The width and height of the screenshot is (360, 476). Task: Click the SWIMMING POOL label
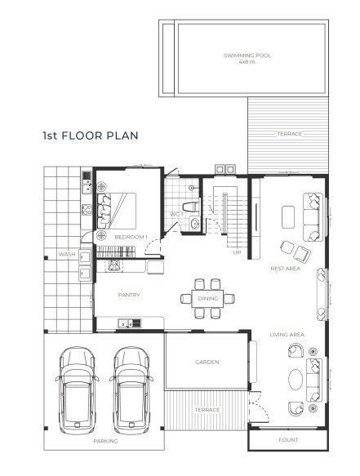point(247,56)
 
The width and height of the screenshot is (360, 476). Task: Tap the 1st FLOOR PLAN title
point(91,136)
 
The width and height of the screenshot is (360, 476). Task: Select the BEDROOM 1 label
point(131,237)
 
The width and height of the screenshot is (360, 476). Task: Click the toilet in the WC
point(191,207)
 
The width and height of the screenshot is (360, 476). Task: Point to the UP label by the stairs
point(237,252)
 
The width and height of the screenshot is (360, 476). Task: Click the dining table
point(207,299)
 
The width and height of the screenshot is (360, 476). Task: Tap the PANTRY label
point(129,295)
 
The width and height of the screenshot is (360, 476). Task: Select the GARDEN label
point(207,363)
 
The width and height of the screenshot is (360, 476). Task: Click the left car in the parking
point(77,391)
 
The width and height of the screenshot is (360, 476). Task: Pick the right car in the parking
point(131,391)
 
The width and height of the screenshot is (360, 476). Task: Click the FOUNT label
point(288,440)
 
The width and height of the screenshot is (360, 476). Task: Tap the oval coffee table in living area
point(296,379)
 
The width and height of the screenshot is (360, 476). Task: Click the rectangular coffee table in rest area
point(288,217)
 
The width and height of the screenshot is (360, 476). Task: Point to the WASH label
point(67,255)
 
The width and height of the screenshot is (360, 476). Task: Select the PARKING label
point(105,441)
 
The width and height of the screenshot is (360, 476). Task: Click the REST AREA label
point(285,269)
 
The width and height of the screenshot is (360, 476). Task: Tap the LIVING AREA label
point(287,335)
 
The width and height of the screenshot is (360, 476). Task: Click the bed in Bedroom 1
point(117,211)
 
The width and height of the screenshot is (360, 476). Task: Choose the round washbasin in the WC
point(194,224)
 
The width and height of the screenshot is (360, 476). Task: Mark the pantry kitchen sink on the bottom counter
point(130,323)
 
